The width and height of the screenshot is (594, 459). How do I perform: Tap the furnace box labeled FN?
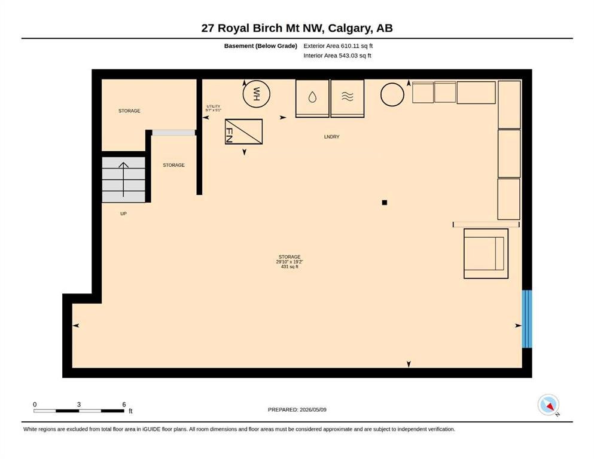(243, 131)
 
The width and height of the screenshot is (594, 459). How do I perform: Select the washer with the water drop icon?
(312, 99)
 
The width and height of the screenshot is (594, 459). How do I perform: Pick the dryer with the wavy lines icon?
(348, 99)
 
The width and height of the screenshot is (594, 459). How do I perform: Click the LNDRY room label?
(332, 137)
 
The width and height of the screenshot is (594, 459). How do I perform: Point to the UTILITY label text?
(214, 106)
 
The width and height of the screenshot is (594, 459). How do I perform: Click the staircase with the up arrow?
(123, 180)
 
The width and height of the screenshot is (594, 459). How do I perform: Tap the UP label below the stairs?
(123, 213)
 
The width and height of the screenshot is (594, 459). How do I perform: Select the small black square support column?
(385, 203)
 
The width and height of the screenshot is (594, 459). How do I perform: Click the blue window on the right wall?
(527, 319)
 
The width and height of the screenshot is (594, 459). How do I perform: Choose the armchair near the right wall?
(486, 253)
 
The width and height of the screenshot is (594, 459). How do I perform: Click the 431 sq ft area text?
(290, 267)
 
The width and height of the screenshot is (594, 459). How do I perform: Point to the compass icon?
(548, 405)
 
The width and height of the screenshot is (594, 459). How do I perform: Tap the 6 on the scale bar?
(124, 405)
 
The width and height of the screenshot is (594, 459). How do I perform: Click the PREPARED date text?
(297, 409)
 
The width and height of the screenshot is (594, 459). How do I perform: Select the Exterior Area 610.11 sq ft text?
(338, 46)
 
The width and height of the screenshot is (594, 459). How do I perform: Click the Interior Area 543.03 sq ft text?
(337, 55)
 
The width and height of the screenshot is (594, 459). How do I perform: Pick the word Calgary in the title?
(350, 28)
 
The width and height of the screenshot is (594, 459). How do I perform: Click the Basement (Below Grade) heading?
(261, 46)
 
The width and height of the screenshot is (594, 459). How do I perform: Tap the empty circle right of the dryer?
(392, 94)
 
